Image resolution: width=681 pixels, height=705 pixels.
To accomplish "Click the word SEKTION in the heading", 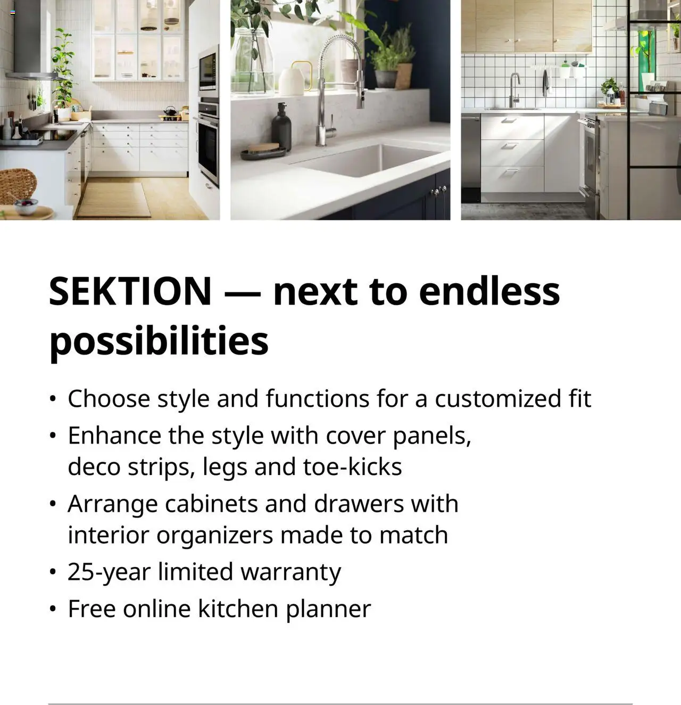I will [x=130, y=291].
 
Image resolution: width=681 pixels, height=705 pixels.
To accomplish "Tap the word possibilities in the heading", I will [x=159, y=341].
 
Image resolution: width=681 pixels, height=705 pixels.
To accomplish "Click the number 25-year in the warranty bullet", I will [x=109, y=572].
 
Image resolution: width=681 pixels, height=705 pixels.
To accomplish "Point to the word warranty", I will [x=290, y=572].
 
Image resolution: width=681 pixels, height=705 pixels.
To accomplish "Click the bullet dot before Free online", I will [x=52, y=609].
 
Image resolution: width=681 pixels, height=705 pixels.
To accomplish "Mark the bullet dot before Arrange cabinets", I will [x=52, y=504].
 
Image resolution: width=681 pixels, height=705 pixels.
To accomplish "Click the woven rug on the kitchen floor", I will [x=114, y=200].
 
